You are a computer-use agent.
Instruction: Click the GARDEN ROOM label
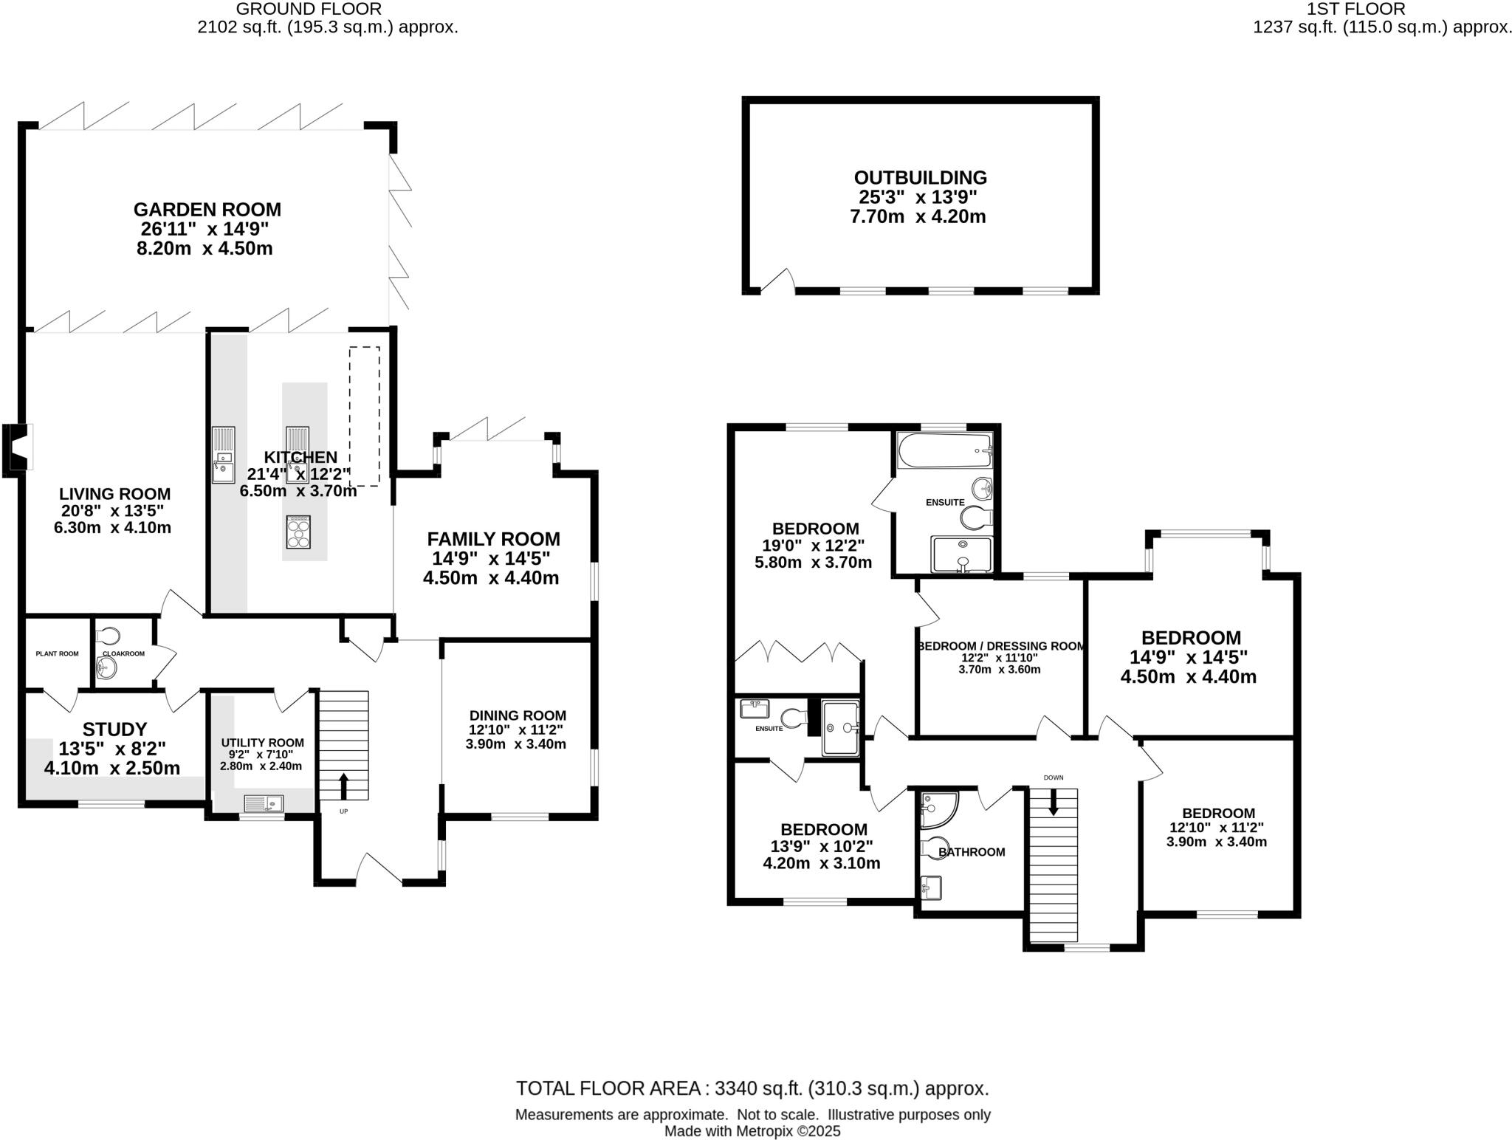pos(207,210)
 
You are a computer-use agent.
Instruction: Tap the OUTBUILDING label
pos(920,178)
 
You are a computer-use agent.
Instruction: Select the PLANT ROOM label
pos(57,653)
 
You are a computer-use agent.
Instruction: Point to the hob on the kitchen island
pos(298,532)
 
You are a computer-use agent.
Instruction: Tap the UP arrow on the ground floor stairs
pos(343,786)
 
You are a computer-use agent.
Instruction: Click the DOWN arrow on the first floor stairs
pos(1054,802)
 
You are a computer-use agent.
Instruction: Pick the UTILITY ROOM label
pos(262,743)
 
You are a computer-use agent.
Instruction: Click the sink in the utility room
pos(264,802)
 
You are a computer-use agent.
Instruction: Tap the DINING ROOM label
pos(518,715)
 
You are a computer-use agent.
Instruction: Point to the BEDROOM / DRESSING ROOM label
pos(1002,646)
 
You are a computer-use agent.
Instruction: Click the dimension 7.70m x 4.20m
pos(918,217)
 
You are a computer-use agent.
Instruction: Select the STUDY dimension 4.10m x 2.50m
pos(112,769)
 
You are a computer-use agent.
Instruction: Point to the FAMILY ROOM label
pos(493,539)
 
